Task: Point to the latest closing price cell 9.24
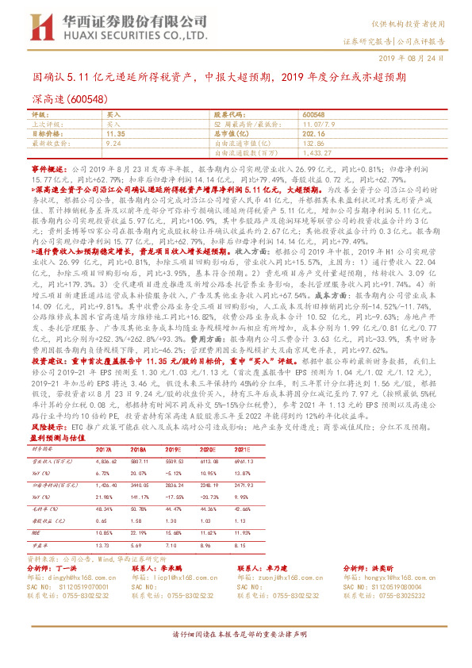pos(112,144)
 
